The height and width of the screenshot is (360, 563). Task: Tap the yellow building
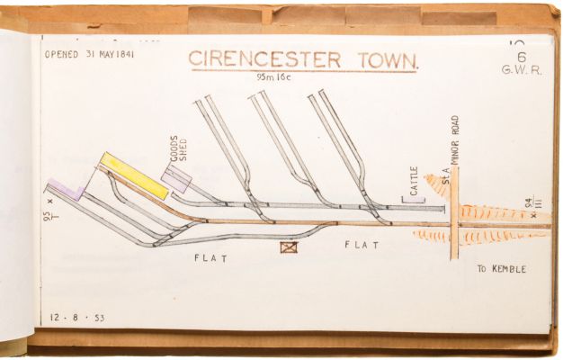pos(134,176)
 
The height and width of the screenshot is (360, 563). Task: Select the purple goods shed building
pos(177,179)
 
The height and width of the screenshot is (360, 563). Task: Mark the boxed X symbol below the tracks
pos(288,246)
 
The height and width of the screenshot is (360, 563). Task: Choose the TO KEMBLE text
pos(501,269)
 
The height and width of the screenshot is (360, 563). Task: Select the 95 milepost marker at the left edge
pos(48,217)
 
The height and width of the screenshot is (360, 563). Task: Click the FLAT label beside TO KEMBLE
pos(362,245)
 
